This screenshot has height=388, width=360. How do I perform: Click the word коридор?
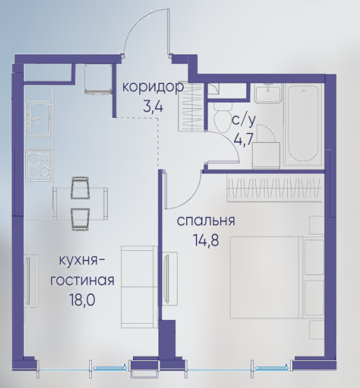tap(153, 88)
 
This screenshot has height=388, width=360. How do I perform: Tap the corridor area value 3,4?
tap(153, 107)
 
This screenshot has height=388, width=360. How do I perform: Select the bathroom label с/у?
tap(243, 121)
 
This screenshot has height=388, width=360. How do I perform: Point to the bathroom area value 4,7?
tap(243, 139)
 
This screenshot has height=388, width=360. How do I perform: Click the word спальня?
tap(206, 221)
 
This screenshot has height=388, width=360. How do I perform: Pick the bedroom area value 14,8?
tap(206, 240)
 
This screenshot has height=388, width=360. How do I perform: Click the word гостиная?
tap(82, 281)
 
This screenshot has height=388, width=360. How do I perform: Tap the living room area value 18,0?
tap(82, 300)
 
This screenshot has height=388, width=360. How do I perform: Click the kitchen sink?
tap(39, 118)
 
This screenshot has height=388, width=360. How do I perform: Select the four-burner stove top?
tap(39, 165)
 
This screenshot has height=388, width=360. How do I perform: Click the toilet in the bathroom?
tap(223, 117)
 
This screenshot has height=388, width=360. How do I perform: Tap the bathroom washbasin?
tap(269, 93)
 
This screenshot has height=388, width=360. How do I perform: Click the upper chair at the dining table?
tap(80, 187)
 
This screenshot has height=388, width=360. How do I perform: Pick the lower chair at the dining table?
tap(80, 219)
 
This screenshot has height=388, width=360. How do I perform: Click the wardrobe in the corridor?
tap(191, 107)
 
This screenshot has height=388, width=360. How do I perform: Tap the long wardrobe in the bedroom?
tap(275, 188)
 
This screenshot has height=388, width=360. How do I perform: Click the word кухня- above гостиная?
tap(81, 261)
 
